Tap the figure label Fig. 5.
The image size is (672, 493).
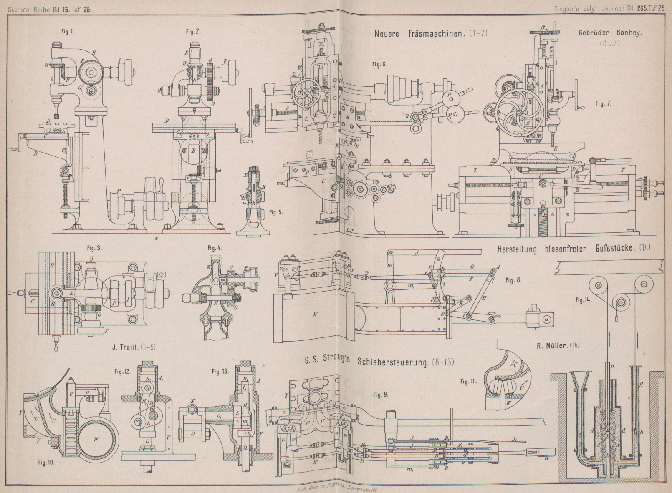pos(276,212)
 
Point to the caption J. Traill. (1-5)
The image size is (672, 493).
pos(134,346)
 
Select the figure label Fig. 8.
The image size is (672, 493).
pos(513,281)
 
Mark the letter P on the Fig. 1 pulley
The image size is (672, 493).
pos(119,191)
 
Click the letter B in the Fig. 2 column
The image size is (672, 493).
pos(193,151)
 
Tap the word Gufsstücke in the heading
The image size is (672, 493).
pos(613,249)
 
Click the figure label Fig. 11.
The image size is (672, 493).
pos(468,381)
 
